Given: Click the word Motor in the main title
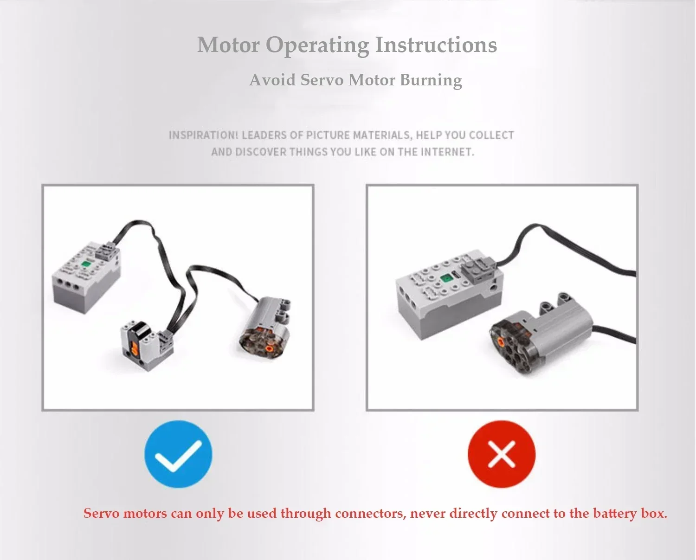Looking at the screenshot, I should coord(228,45).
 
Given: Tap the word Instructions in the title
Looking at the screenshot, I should coord(436,45).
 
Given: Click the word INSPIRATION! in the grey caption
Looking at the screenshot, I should coord(203,135).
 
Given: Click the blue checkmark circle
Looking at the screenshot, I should coord(178,454).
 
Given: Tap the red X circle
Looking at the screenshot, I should coord(501,454).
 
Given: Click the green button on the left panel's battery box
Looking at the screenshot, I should coord(85,264).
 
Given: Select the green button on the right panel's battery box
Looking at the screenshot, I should coord(446,277).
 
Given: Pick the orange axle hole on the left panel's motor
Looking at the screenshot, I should coord(269,348).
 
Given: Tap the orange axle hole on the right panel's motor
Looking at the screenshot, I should coord(501,342).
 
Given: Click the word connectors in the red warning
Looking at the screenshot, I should coord(370,514).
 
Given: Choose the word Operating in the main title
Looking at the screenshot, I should coord(317,45).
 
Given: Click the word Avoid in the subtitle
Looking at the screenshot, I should coord(272,80).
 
